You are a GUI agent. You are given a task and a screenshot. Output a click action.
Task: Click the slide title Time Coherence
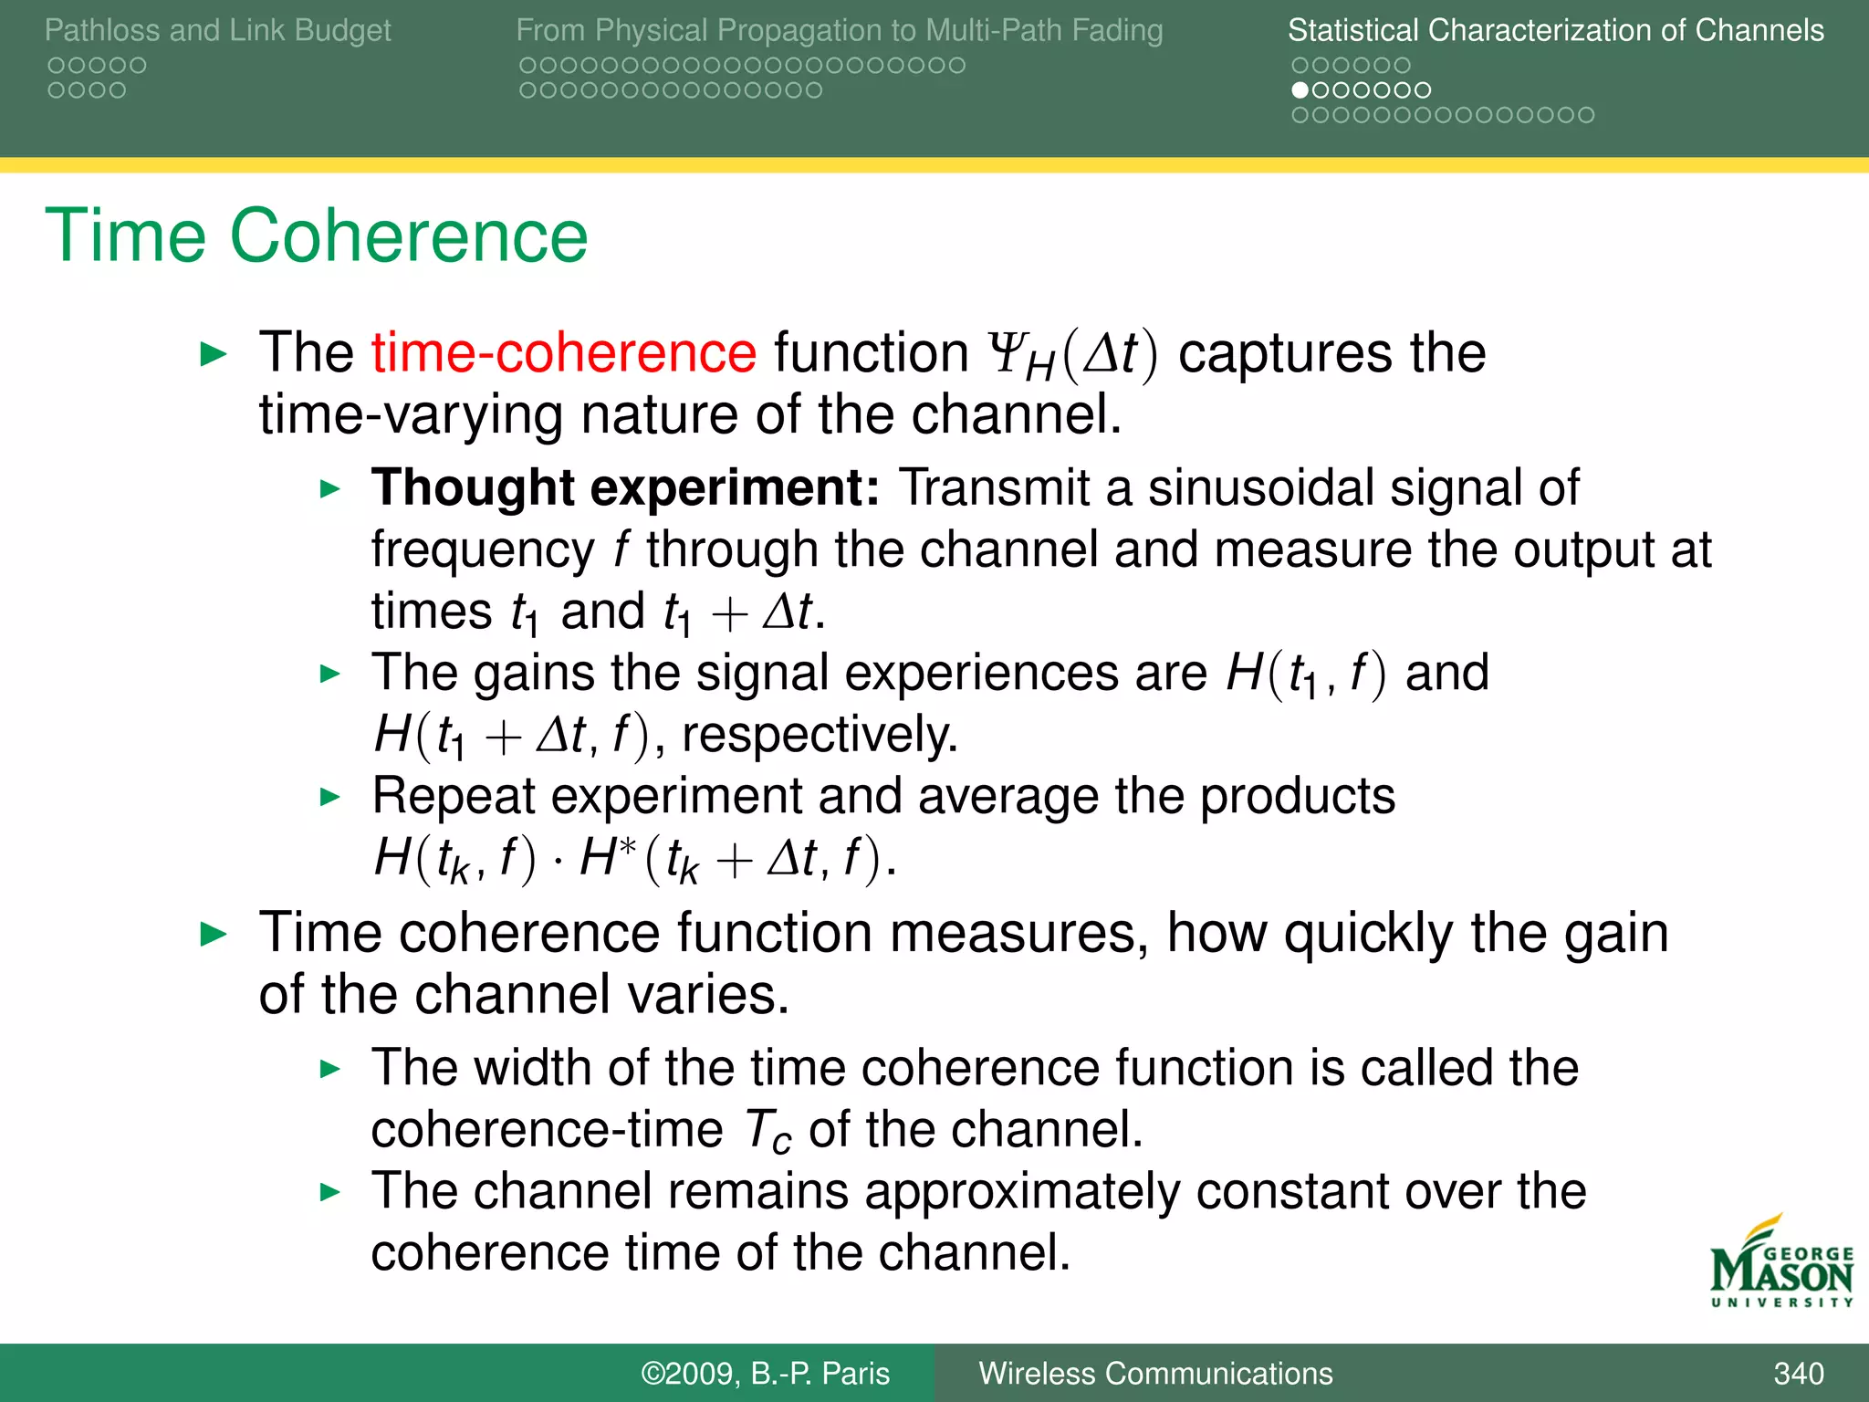pyautogui.click(x=316, y=236)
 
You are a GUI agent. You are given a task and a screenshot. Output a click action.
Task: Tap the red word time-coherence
pyautogui.click(x=563, y=353)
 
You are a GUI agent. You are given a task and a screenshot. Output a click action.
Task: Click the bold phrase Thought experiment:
pyautogui.click(x=625, y=487)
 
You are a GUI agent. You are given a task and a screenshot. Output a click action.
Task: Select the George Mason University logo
pyautogui.click(x=1780, y=1264)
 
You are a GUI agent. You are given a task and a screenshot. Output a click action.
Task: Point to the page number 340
pyautogui.click(x=1798, y=1373)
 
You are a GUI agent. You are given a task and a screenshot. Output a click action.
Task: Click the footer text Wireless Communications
pyautogui.click(x=1155, y=1373)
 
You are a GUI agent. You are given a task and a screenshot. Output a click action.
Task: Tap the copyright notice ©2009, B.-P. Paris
pyautogui.click(x=765, y=1373)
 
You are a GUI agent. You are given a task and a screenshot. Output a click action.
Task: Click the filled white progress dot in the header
pyautogui.click(x=1300, y=90)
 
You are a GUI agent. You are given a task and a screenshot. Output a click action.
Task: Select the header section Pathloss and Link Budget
pyautogui.click(x=217, y=30)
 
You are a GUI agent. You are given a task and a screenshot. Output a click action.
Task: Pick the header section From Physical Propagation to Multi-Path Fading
pyautogui.click(x=839, y=30)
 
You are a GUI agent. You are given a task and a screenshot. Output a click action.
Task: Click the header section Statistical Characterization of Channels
pyautogui.click(x=1555, y=30)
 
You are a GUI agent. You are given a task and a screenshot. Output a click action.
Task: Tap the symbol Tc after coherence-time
pyautogui.click(x=767, y=1132)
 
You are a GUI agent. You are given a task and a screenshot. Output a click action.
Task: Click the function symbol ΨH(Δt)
pyautogui.click(x=1073, y=355)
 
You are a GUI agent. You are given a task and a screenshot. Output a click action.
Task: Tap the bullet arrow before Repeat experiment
pyautogui.click(x=330, y=797)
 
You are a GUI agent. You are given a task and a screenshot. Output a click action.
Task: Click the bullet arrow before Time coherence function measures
pyautogui.click(x=214, y=934)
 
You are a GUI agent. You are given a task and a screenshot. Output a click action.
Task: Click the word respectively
pyautogui.click(x=819, y=735)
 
